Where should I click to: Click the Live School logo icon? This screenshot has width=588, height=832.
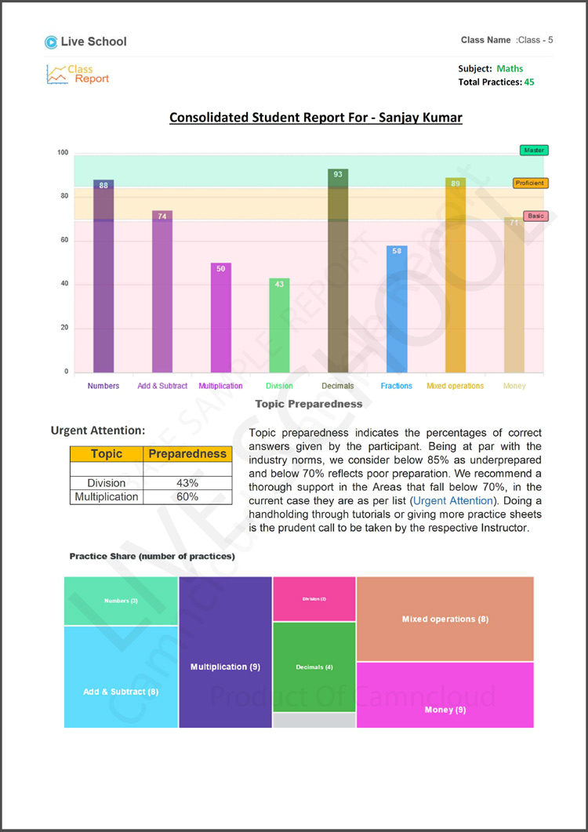coord(51,42)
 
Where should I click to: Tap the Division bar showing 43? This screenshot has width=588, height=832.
coord(279,325)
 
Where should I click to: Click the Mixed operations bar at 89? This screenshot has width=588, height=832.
coord(456,274)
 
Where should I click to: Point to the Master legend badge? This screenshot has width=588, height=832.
coord(533,150)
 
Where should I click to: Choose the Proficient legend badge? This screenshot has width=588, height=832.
coord(530,183)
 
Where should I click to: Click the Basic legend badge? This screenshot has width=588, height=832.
coord(535,216)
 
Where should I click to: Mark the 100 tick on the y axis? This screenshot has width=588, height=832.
coord(62,153)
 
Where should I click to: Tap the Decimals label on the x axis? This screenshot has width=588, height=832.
coord(337,386)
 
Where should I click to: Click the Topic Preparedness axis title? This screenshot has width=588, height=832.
coord(309,404)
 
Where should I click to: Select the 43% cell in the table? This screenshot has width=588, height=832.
coord(187,483)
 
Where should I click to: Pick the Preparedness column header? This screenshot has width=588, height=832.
coord(187,454)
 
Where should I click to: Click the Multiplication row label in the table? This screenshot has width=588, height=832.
coord(107,496)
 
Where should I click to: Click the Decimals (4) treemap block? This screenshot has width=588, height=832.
coord(314,667)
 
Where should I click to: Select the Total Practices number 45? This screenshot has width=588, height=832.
coord(529,82)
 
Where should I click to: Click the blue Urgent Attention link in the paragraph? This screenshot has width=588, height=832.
coord(452,500)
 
